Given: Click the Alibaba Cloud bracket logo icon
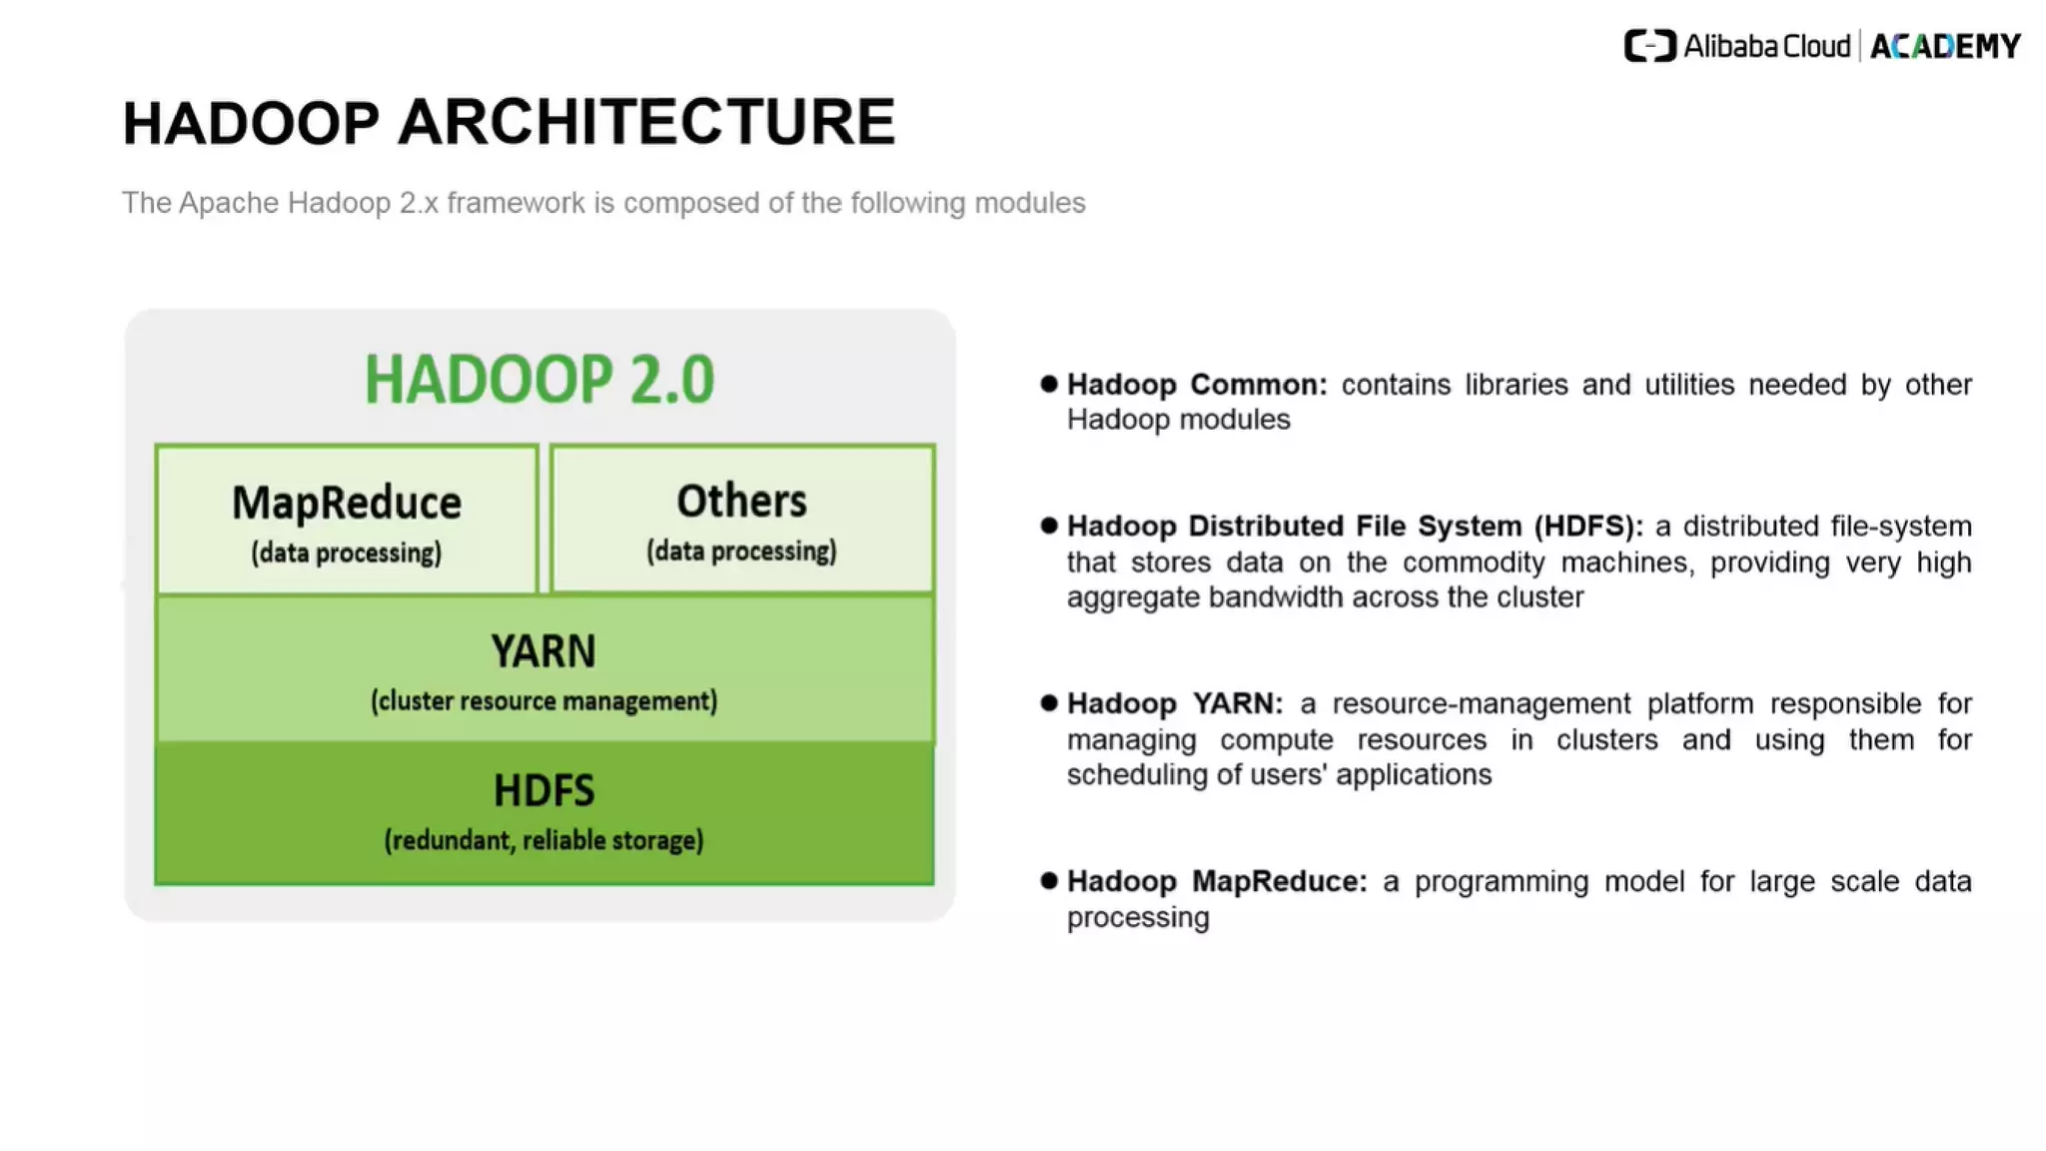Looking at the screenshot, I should [1649, 46].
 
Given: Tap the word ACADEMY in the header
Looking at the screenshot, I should [1945, 47].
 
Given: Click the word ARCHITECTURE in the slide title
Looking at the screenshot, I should [646, 123].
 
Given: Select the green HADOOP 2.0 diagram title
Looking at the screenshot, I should [539, 380].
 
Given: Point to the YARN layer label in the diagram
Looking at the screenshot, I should [543, 651].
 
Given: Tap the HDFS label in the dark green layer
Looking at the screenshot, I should [543, 790].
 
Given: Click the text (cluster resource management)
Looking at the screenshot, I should [543, 701].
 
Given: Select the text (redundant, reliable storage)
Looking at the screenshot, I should [543, 840].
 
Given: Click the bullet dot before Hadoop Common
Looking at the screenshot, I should [1048, 384].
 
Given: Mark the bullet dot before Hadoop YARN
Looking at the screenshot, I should [1048, 703].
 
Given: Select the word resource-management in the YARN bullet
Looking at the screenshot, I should [1481, 704].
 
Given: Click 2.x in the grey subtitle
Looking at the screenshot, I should [419, 203].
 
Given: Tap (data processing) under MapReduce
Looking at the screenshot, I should [347, 553].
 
